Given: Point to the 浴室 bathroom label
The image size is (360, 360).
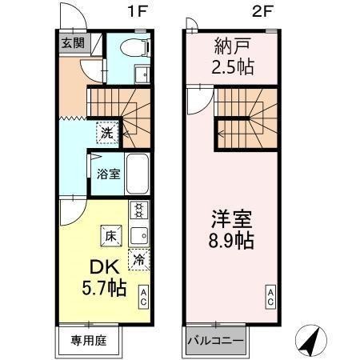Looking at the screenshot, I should click(109, 174).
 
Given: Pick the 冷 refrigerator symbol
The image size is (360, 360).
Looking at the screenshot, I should click(138, 259).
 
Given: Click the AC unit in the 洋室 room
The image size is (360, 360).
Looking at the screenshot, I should click(271, 297).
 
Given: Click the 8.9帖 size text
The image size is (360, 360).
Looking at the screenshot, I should click(231, 241).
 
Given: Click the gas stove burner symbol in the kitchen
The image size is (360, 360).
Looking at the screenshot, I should click(138, 212).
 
